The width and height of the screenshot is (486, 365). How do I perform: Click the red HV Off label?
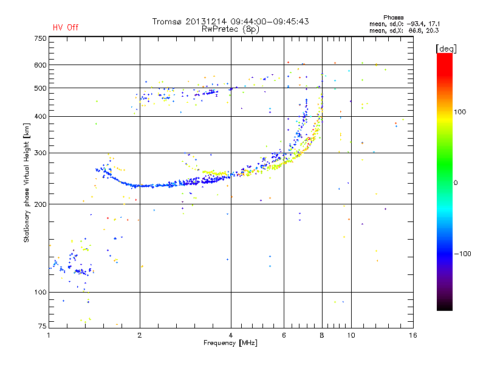click(65, 27)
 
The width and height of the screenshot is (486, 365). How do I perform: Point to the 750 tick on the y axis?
click(40, 38)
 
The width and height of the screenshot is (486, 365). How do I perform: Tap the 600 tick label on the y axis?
click(40, 65)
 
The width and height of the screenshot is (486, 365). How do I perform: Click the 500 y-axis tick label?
click(40, 88)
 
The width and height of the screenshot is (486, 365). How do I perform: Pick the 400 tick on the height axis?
click(40, 116)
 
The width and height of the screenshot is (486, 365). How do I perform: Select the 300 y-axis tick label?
click(40, 153)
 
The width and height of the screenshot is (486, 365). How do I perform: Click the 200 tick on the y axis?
click(40, 204)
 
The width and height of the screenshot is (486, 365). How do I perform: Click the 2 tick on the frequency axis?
click(140, 335)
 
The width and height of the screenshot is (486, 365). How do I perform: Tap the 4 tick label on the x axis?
click(231, 335)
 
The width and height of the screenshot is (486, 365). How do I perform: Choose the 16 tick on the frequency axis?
click(412, 335)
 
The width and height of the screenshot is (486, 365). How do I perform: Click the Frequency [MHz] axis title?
click(230, 343)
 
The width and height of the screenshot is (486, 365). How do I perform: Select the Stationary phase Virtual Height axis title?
click(27, 182)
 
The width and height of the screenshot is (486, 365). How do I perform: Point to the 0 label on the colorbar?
click(455, 182)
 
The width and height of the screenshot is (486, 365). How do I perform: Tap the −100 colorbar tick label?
click(464, 253)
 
